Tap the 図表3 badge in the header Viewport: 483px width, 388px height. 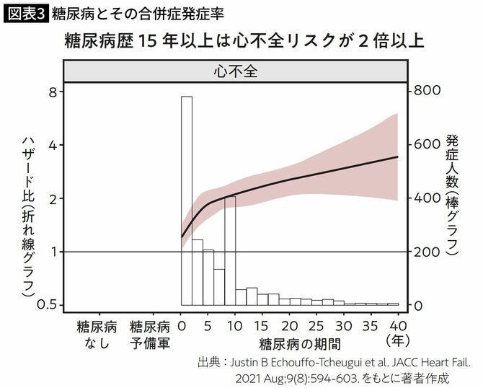point(25,13)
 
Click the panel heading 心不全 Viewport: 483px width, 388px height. point(236,72)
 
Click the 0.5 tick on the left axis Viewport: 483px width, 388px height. point(48,305)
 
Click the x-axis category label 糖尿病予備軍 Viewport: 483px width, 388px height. point(150,332)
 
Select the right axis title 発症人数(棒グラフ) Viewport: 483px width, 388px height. point(452,195)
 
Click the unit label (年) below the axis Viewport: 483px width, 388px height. point(397,339)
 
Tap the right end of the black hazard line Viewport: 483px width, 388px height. point(398,156)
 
